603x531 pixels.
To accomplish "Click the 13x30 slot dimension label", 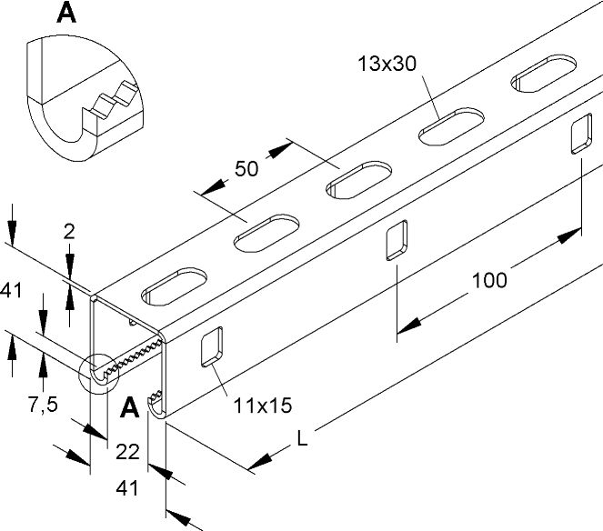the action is [x=387, y=64].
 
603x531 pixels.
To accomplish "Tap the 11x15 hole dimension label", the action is [x=263, y=406].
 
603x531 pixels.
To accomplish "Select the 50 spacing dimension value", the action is [x=246, y=168].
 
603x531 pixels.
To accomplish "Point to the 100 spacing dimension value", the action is [x=489, y=280].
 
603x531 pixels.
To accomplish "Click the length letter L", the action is [x=303, y=438].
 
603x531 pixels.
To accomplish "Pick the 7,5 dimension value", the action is [x=43, y=405].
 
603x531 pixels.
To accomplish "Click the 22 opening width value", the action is [x=127, y=451].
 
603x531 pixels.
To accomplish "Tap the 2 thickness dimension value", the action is [x=69, y=232].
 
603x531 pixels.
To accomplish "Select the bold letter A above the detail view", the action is [x=66, y=13].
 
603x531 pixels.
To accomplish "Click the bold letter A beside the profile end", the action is [x=129, y=408].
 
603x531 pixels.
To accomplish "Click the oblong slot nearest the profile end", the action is [x=175, y=286].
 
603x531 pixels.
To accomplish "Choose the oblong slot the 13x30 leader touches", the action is [x=451, y=126].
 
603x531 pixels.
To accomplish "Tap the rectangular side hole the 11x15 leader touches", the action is [x=212, y=346].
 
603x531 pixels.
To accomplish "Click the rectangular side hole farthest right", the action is [x=581, y=134].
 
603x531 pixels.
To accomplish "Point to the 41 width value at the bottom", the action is [x=127, y=488].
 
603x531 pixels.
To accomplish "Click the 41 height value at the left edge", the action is [x=11, y=290].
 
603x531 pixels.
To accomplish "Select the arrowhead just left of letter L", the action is [x=260, y=461].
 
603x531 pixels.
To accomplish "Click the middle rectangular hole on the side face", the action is [x=397, y=240].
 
